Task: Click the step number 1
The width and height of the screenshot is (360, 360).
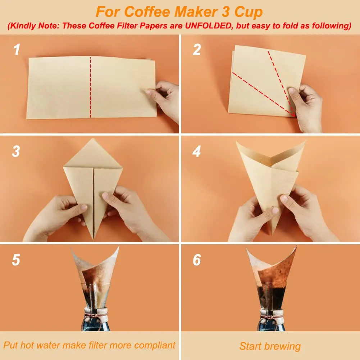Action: coord(17,50)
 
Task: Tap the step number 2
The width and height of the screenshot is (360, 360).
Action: coord(196,50)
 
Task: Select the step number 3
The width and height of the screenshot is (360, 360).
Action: coord(16,151)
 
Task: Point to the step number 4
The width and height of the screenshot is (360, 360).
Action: coord(196,151)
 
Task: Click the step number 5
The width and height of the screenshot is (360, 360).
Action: coord(16,260)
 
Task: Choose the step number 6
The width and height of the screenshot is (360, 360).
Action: coord(196,260)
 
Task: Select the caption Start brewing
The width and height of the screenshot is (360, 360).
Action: coord(270,346)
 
